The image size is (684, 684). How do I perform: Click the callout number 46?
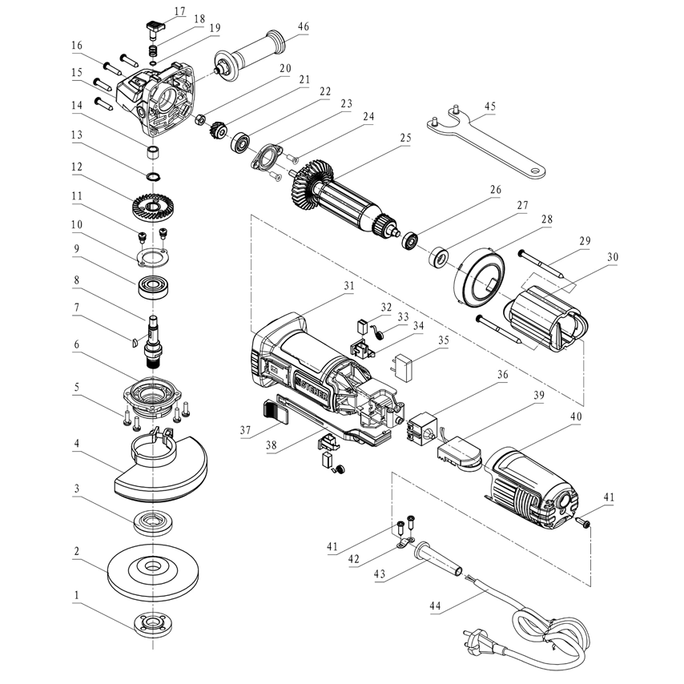(x=303, y=26)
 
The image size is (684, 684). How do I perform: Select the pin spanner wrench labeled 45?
(x=489, y=144)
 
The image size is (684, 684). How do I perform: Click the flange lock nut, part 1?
(x=150, y=625)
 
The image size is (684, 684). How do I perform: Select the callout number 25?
(x=405, y=138)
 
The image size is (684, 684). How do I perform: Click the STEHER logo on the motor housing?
(x=307, y=385)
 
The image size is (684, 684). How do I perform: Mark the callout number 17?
(x=179, y=12)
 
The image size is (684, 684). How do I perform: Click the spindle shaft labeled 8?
(x=151, y=336)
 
